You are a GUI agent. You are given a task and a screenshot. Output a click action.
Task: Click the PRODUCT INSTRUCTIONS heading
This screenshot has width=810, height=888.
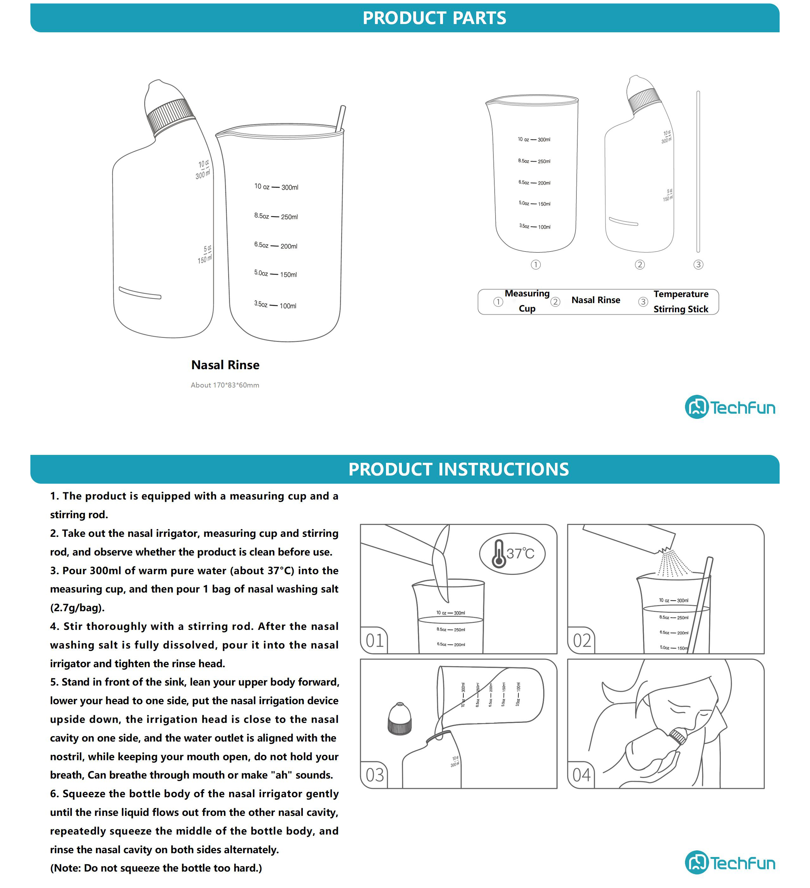[x=458, y=469]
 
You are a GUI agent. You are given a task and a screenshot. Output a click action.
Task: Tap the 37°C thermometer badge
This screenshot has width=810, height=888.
[x=512, y=553]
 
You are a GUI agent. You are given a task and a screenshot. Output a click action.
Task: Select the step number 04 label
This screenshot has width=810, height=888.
[x=582, y=775]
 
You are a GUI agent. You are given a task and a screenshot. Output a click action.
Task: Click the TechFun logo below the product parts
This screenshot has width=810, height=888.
[x=730, y=407]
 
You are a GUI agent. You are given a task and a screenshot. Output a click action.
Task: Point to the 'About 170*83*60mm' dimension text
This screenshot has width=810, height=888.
[x=225, y=385]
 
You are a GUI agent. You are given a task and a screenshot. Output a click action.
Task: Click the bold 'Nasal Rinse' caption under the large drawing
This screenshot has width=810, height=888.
[x=225, y=365]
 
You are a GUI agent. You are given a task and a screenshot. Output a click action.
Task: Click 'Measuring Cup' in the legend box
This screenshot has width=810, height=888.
[x=527, y=301]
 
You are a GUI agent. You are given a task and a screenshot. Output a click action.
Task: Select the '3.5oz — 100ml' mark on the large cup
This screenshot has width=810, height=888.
[x=275, y=305]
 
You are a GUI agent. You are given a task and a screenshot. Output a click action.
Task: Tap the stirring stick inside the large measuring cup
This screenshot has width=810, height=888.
[x=340, y=118]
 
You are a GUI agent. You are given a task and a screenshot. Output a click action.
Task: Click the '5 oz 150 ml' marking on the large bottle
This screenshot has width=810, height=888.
[x=205, y=255]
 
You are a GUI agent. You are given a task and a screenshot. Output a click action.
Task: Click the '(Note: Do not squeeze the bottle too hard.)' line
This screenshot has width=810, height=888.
[x=156, y=868]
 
